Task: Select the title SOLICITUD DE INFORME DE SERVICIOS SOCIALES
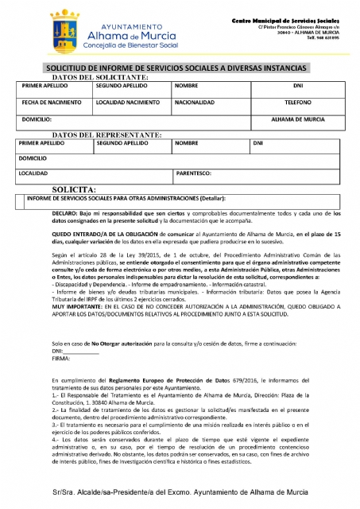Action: (x=180, y=69)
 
